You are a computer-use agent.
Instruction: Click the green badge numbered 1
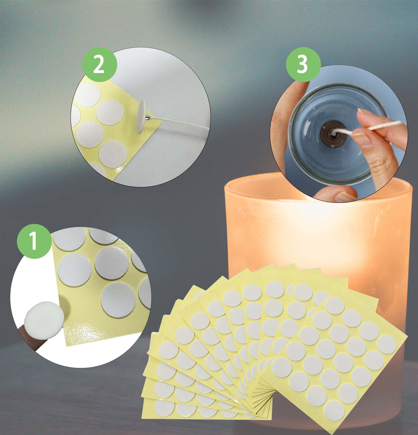pyautogui.click(x=34, y=241)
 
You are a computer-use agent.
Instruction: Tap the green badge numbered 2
pyautogui.click(x=99, y=65)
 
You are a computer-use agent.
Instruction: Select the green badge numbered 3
pyautogui.click(x=303, y=65)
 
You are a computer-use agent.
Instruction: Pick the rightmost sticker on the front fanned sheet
pyautogui.click(x=386, y=344)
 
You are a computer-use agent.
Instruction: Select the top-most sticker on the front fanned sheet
pyautogui.click(x=335, y=305)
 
